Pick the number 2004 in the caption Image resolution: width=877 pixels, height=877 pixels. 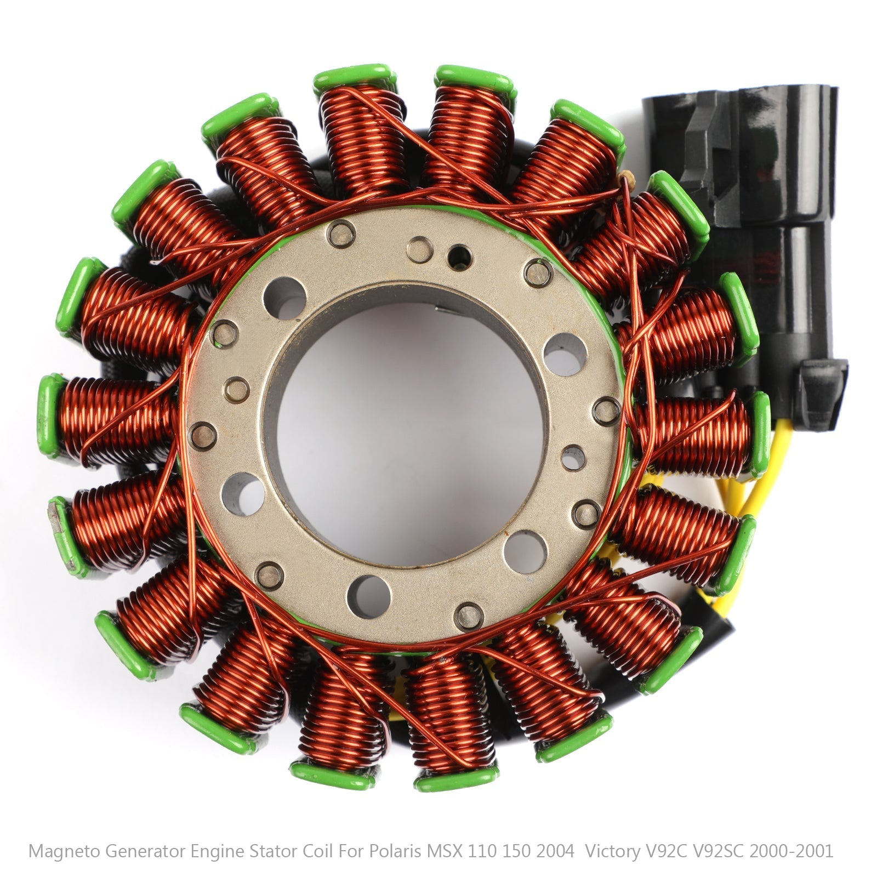tap(555, 851)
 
